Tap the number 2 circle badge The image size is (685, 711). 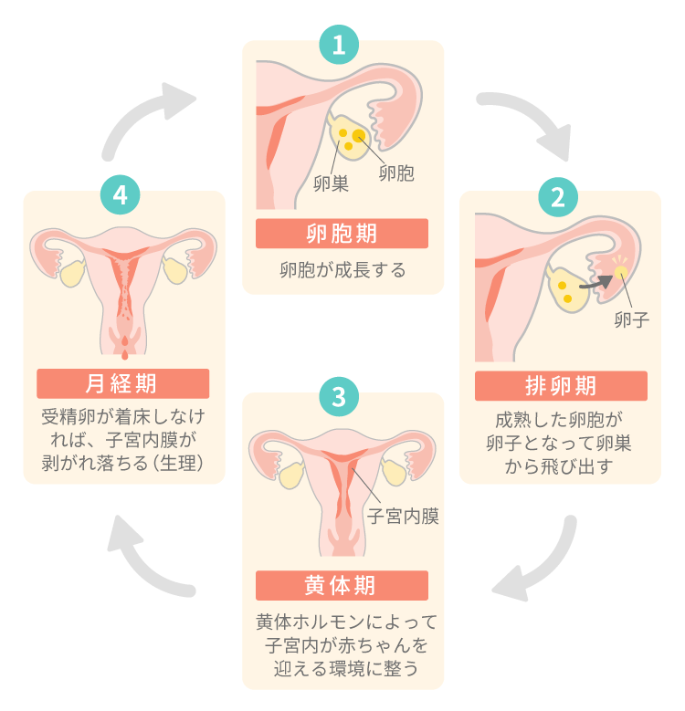[x=558, y=196]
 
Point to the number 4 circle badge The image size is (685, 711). [x=121, y=196]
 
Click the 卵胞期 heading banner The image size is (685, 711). [x=342, y=234]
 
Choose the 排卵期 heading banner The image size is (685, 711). [x=560, y=385]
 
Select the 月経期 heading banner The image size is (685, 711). [x=122, y=382]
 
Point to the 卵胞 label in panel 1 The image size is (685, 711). [x=395, y=173]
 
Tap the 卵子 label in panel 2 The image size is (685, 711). [x=631, y=319]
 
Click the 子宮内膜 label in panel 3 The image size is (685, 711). [x=403, y=517]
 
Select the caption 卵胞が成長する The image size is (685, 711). [x=342, y=270]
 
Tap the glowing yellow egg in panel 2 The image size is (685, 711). [x=619, y=272]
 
